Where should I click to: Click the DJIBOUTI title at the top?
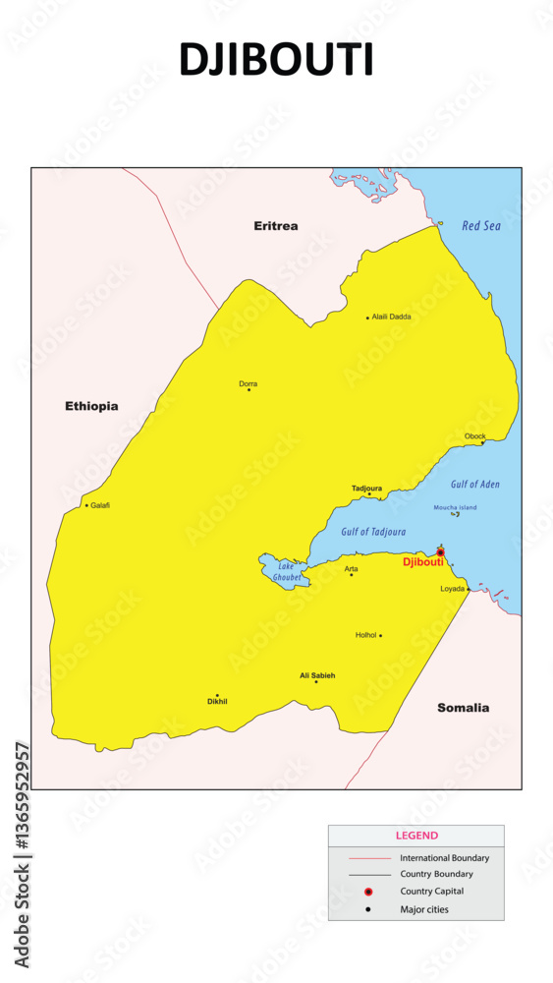click(276, 60)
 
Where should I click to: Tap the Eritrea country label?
click(276, 226)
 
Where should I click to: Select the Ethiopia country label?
click(91, 406)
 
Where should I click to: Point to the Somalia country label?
click(463, 708)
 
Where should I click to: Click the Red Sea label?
click(481, 226)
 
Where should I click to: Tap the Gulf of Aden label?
click(475, 485)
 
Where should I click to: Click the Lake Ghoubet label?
click(286, 572)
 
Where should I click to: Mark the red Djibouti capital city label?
click(423, 561)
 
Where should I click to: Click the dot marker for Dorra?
click(249, 390)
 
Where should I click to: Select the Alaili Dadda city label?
click(392, 317)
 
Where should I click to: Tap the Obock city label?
click(475, 435)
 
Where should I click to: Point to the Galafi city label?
click(100, 505)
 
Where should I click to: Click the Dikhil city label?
click(217, 702)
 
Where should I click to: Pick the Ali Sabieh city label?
click(317, 675)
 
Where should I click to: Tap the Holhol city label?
click(365, 635)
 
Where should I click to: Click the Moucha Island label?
click(455, 507)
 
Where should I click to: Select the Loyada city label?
click(453, 589)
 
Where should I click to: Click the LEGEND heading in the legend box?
click(416, 836)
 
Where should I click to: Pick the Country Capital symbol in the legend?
click(368, 892)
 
